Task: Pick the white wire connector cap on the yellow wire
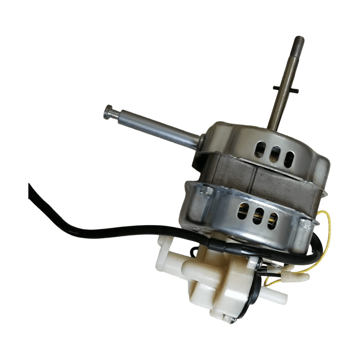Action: pyautogui.click(x=301, y=279)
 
